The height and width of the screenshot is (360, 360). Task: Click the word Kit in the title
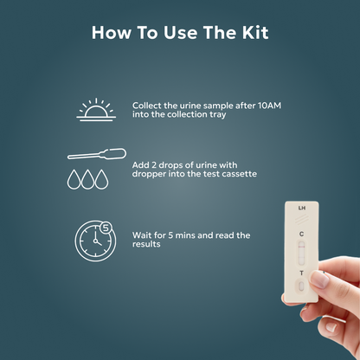[254, 33]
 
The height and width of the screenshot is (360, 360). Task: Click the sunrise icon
[96, 110]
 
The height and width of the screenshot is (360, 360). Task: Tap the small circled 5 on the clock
[106, 227]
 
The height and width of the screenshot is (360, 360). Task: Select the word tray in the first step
[217, 114]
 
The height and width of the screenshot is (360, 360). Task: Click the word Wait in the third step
[144, 235]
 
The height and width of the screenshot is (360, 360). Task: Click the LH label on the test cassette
[301, 209]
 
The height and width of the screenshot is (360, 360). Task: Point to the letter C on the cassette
[301, 234]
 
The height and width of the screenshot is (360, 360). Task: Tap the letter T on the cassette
[301, 273]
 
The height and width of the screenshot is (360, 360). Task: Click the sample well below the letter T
[301, 288]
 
